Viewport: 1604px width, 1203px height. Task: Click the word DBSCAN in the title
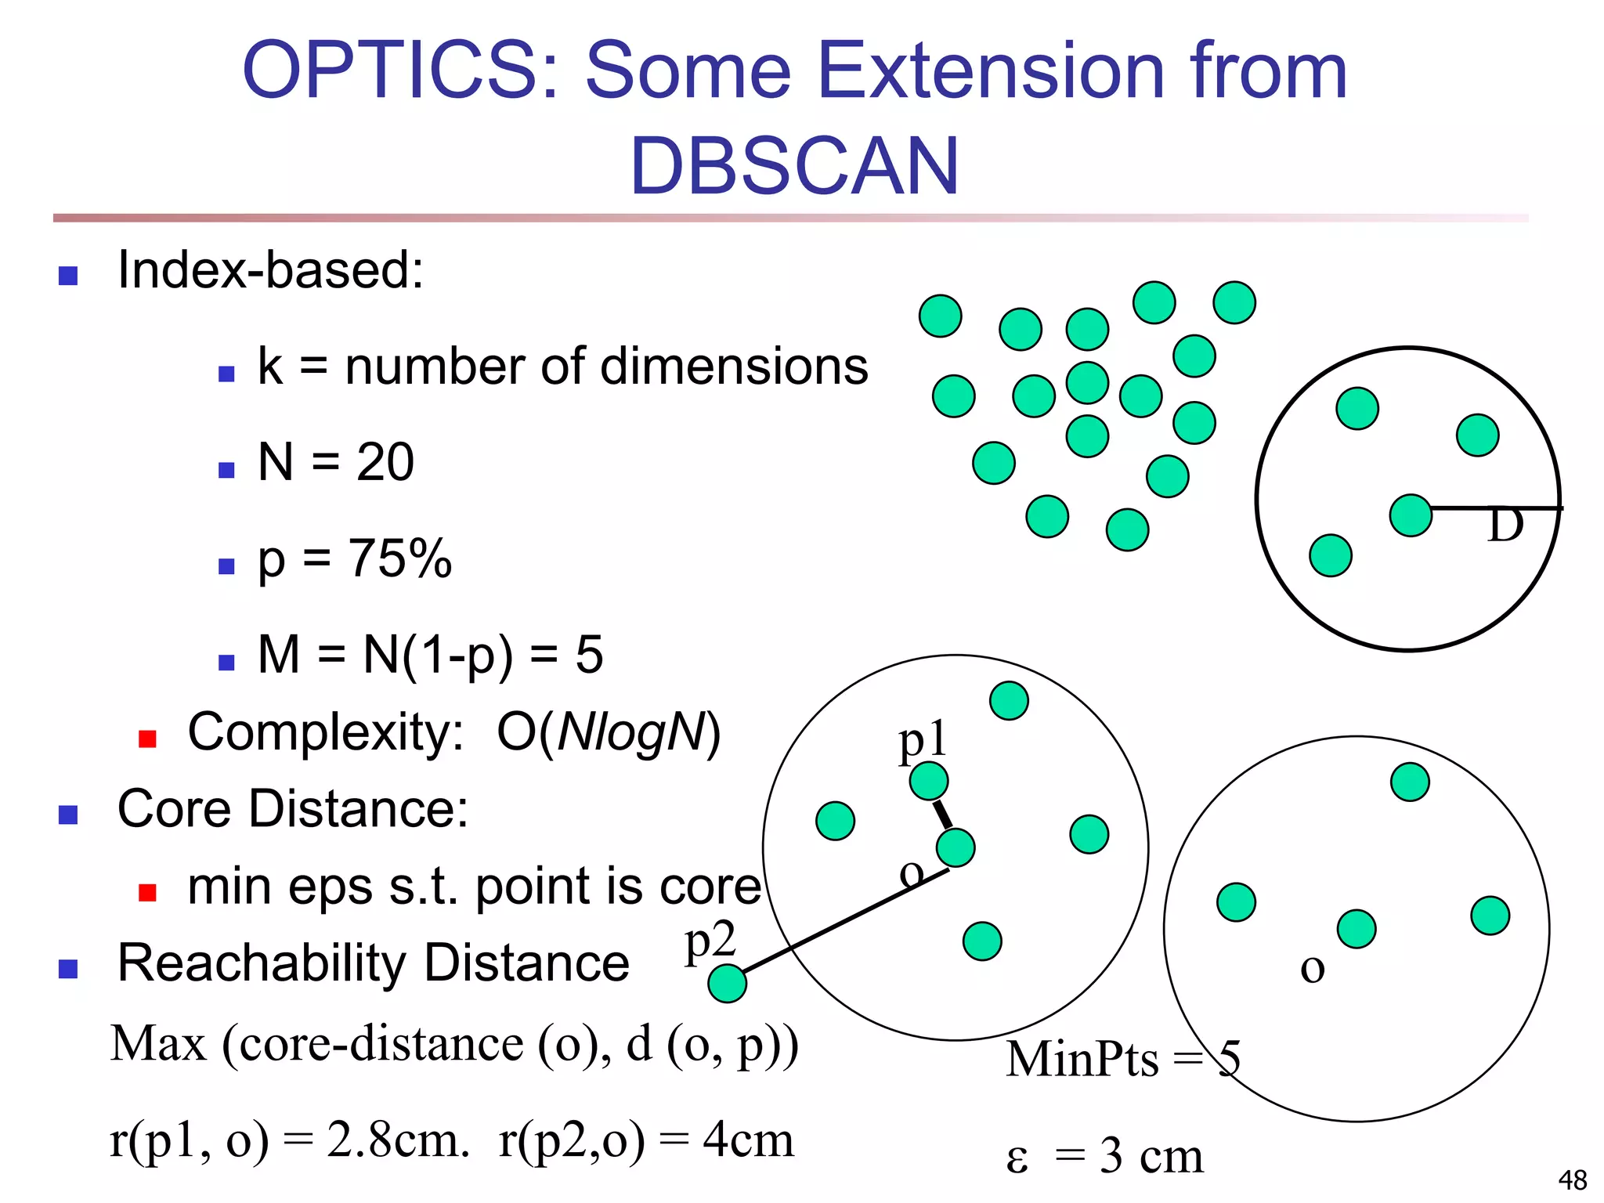794,166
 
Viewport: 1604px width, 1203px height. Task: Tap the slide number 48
1572,1180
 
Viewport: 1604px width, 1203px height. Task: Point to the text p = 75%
354,559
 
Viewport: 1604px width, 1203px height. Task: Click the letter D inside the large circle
1505,526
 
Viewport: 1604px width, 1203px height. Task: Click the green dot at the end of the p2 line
727,984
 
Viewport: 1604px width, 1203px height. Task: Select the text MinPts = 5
1123,1059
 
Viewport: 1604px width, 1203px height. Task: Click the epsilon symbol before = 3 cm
1017,1158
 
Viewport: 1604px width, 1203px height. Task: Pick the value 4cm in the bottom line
748,1140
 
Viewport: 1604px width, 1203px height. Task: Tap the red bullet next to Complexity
147,739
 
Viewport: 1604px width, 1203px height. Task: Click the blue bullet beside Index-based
68,276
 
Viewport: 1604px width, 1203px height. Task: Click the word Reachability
262,963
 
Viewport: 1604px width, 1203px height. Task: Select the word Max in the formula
158,1045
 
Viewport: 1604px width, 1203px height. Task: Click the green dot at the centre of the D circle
1411,515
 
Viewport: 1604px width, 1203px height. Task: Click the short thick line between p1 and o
942,815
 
